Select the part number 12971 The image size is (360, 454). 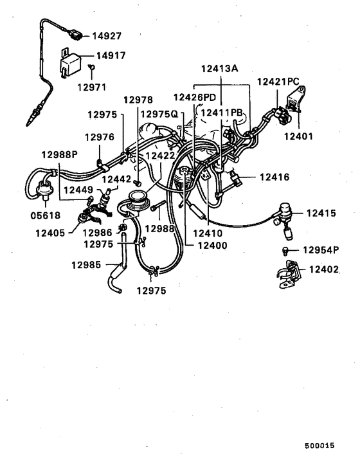coord(93,86)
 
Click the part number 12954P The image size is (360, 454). coord(321,250)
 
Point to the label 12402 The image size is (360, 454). coord(322,271)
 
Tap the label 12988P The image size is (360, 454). coord(59,154)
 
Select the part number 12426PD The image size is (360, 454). coord(194,97)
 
